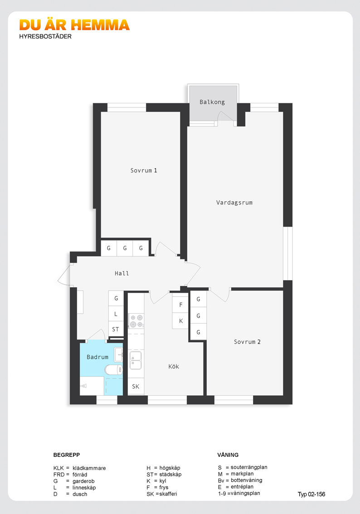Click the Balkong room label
click(x=212, y=102)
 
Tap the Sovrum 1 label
click(x=144, y=170)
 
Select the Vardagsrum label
click(x=234, y=203)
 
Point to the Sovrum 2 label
click(x=247, y=342)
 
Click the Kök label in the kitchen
click(x=174, y=367)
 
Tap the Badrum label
click(x=97, y=357)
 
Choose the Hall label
click(x=122, y=273)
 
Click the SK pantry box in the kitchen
click(x=136, y=387)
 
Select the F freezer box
click(x=180, y=305)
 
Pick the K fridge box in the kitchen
click(x=180, y=321)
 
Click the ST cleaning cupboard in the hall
click(x=116, y=329)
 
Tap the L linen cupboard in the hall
click(x=116, y=314)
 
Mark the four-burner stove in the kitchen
click(x=136, y=321)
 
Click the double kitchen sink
click(x=136, y=360)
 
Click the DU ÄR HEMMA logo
click(x=74, y=25)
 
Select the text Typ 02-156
click(x=311, y=495)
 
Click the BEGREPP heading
click(x=67, y=455)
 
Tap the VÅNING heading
click(x=228, y=455)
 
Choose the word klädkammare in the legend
click(x=89, y=468)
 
